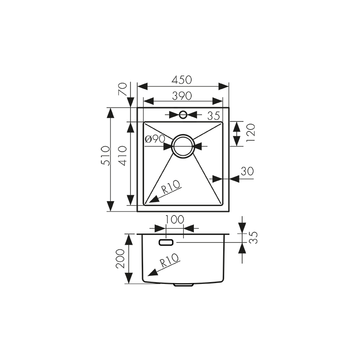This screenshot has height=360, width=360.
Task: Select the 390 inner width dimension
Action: [x=183, y=95]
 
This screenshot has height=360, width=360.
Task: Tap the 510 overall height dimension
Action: [x=104, y=155]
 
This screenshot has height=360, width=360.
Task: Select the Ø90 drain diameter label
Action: [x=155, y=139]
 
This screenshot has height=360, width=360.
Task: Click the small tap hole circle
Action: [x=183, y=114]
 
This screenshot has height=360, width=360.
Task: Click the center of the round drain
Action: [x=183, y=146]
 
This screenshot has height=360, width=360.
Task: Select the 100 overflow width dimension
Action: [x=175, y=220]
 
